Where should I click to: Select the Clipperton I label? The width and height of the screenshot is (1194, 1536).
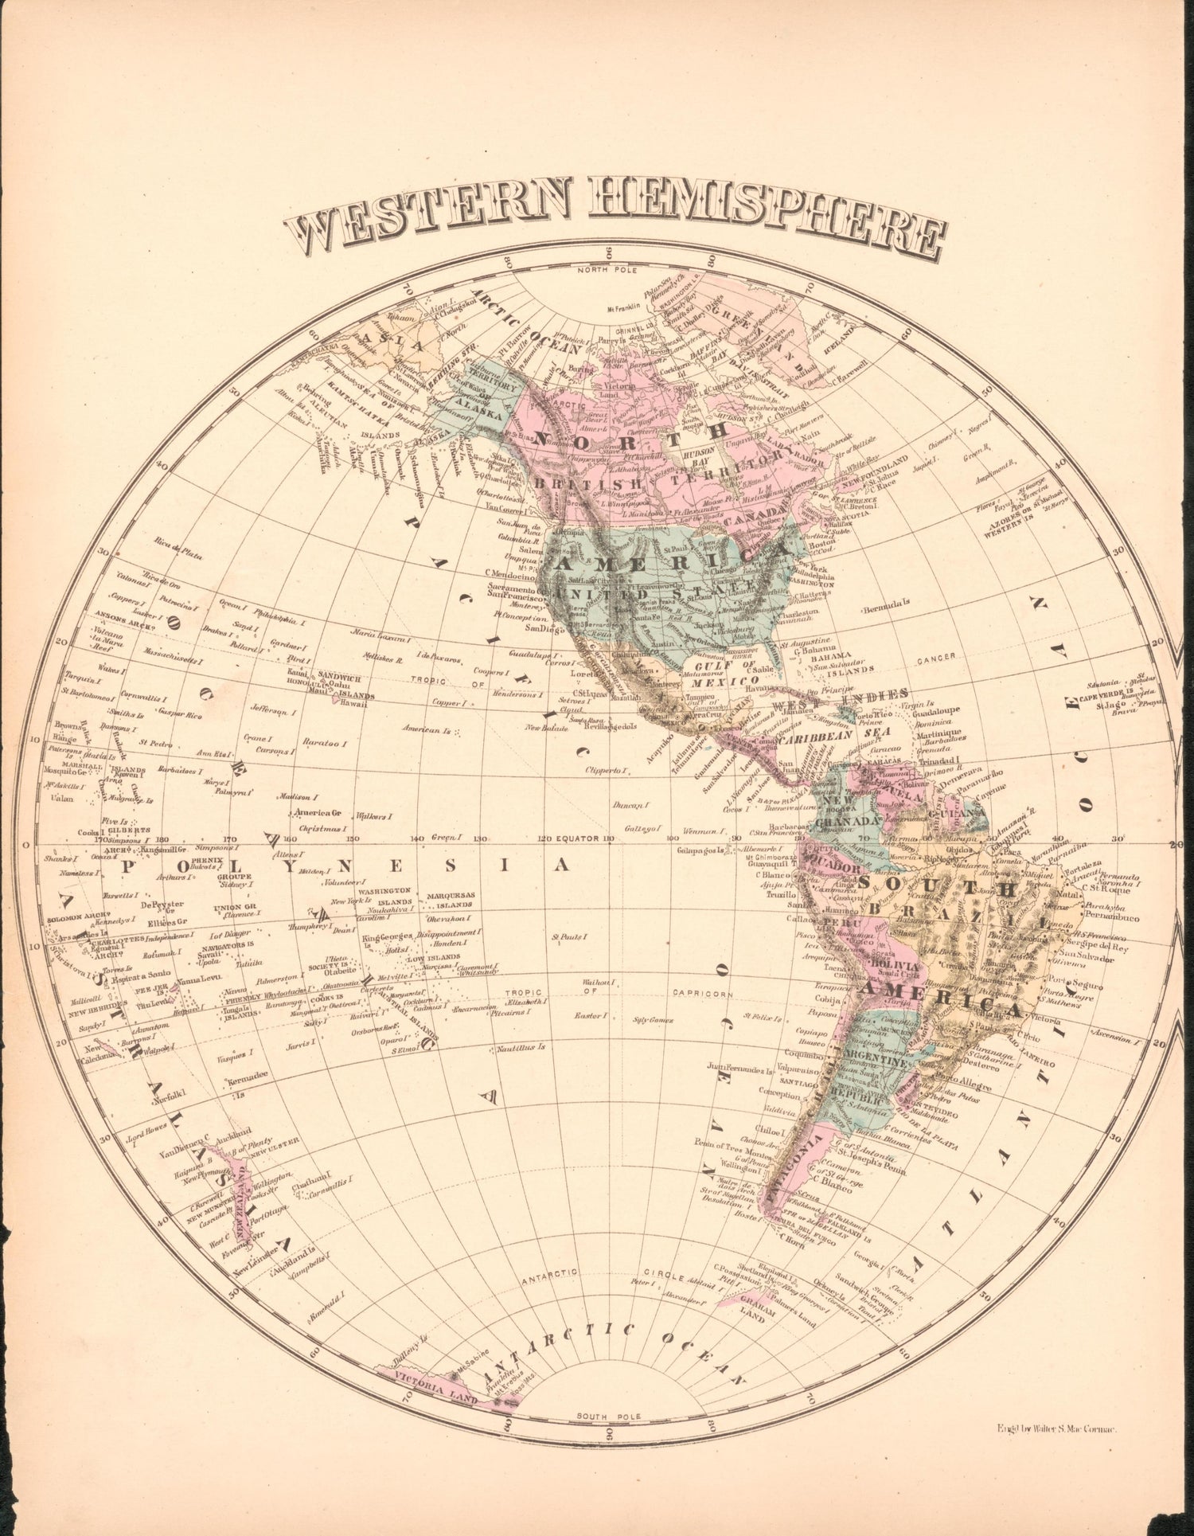[x=607, y=770]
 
